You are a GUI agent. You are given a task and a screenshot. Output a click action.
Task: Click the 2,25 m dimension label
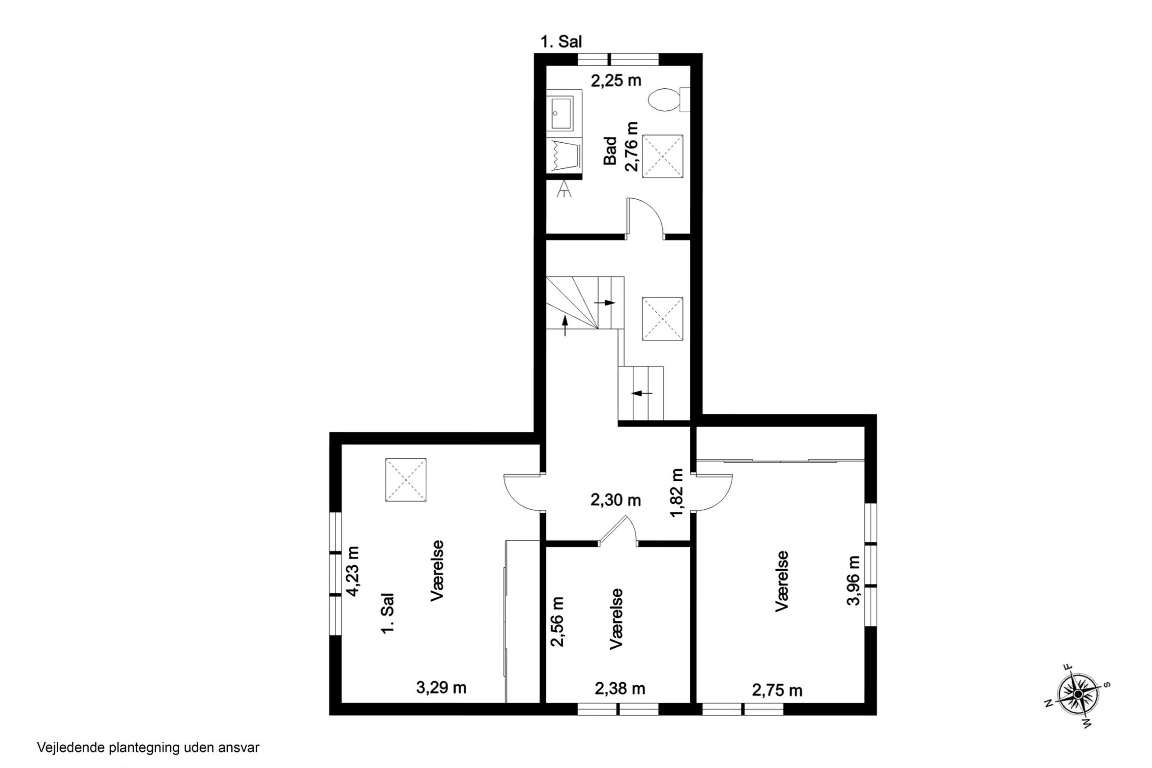pos(616,80)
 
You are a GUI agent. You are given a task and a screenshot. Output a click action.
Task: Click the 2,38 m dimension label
pos(620,689)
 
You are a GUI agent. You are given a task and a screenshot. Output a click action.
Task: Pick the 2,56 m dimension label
pos(557,622)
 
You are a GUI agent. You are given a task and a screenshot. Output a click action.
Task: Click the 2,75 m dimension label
pos(777,691)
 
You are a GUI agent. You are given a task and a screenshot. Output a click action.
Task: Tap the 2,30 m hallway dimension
pos(616,500)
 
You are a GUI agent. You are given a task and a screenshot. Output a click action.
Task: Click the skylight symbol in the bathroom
pos(662,157)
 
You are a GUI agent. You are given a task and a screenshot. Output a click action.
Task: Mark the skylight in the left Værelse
pos(405,479)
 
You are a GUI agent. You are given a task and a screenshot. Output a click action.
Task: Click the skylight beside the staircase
pos(662,318)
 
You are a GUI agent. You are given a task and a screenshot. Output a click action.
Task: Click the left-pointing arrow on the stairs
pos(642,393)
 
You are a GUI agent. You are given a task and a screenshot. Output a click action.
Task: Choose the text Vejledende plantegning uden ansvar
pos(148,748)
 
